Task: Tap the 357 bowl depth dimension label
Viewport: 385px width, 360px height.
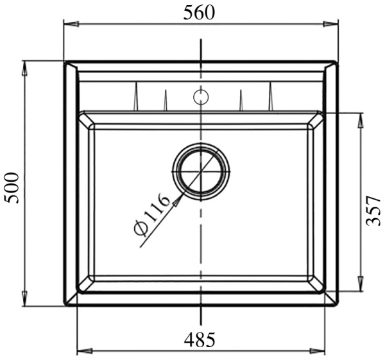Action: pyautogui.click(x=373, y=210)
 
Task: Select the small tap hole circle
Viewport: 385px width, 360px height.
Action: pyautogui.click(x=201, y=97)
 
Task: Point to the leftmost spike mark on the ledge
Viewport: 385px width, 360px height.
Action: pyautogui.click(x=136, y=97)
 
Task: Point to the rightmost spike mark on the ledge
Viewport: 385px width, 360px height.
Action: pyautogui.click(x=269, y=97)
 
